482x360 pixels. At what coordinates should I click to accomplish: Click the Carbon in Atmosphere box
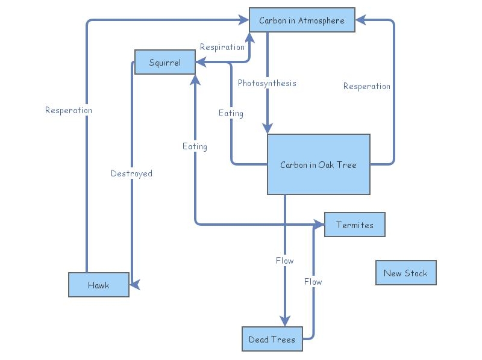(302, 20)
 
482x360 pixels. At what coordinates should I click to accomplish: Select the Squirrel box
(165, 63)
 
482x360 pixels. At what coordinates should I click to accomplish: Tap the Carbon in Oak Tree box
(318, 164)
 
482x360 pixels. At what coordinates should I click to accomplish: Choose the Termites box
(354, 225)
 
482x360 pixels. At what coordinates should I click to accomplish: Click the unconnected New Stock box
(405, 273)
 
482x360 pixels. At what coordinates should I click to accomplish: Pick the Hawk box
(98, 285)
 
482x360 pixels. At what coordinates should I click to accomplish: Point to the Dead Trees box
(272, 339)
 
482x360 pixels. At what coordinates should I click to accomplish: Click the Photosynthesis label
(267, 83)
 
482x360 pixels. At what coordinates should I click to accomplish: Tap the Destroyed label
(131, 173)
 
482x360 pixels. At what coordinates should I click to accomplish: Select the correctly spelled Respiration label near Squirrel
(222, 47)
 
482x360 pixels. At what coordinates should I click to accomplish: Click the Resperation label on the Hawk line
(69, 110)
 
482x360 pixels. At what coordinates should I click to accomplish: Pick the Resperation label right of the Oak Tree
(367, 86)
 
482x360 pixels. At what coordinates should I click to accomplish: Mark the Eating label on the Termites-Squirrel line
(195, 146)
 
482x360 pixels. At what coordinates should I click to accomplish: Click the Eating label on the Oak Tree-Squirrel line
(231, 113)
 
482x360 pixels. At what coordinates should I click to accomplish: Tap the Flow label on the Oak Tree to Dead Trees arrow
(284, 261)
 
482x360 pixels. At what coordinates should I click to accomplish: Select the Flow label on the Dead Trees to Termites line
(313, 282)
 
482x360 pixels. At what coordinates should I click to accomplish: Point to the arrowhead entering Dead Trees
(285, 320)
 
